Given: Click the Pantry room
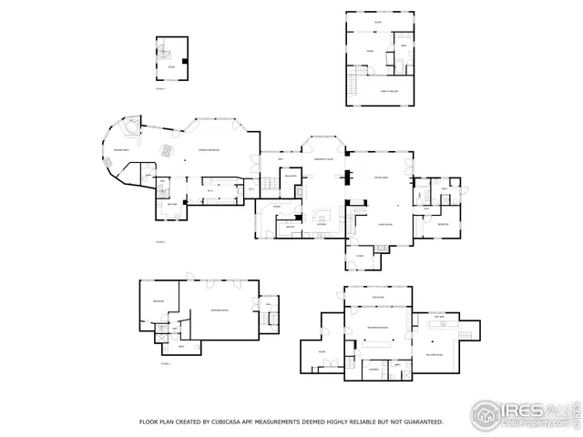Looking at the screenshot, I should pyautogui.click(x=289, y=227).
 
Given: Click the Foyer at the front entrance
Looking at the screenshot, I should pyautogui.click(x=360, y=256).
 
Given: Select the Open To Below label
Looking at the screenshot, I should pyautogui.click(x=380, y=92).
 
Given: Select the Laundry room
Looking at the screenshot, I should pyautogui.click(x=373, y=369).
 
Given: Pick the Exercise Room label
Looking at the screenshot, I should pyautogui.click(x=219, y=311).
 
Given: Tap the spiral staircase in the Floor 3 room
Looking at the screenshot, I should pyautogui.click(x=186, y=61).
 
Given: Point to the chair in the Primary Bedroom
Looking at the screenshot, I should pyautogui.click(x=167, y=149).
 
